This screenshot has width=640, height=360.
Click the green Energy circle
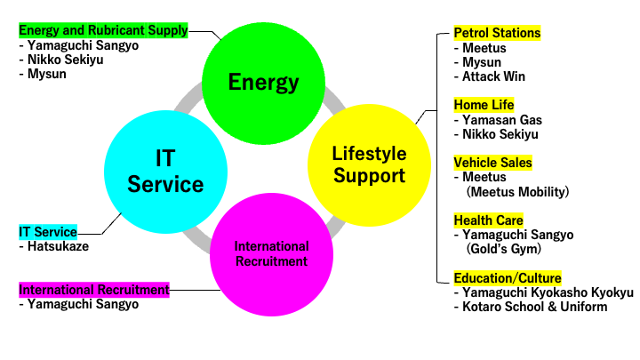point(264,84)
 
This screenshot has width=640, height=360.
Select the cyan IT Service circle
point(165,172)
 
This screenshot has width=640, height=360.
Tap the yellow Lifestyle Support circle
point(370,165)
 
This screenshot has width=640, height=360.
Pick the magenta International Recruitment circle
point(271,254)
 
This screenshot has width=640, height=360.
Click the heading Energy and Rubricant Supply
point(103,30)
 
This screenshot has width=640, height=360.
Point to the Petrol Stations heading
point(497,33)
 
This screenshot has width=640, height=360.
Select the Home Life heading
point(484,105)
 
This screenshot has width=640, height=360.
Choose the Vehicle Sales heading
point(493,163)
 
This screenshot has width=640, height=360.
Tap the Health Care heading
point(489,220)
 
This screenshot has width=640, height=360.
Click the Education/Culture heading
point(508,278)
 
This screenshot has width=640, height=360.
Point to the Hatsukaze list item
point(58,246)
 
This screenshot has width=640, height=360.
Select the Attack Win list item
point(493,76)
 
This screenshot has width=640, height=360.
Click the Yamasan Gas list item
point(502,120)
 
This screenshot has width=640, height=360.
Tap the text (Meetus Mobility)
point(517,191)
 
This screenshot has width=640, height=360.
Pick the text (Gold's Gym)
point(504,249)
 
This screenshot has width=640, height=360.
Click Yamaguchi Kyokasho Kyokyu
point(548,292)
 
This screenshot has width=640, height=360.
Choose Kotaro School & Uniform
point(535,307)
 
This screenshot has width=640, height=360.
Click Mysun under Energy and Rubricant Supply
point(46,74)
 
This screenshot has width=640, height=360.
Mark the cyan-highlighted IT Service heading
point(48,232)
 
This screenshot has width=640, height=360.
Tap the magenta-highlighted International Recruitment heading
point(94,290)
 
